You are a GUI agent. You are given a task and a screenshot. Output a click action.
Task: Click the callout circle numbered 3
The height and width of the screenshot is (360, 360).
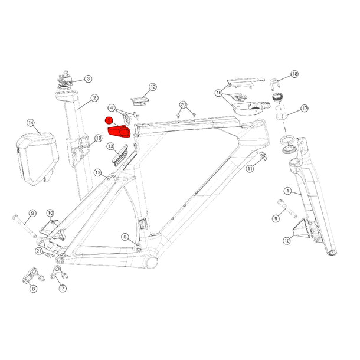(x=88, y=78)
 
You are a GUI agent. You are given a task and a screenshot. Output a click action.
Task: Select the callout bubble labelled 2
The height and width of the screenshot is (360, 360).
(x=94, y=98)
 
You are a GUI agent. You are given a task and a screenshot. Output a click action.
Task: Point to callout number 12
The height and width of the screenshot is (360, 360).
(x=153, y=87)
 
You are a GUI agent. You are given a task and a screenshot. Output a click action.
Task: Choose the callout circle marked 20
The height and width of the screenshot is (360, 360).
(x=184, y=104)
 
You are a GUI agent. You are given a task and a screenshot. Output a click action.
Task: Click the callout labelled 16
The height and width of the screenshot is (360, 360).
(x=219, y=93)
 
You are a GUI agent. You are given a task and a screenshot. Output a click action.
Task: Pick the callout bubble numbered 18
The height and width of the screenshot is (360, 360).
(x=294, y=74)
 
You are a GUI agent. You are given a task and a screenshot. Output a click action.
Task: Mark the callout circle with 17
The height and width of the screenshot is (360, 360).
(x=305, y=109)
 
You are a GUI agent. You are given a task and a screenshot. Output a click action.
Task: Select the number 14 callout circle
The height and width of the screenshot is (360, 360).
(x=31, y=123)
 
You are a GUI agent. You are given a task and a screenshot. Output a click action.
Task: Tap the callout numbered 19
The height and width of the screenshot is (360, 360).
(x=99, y=139)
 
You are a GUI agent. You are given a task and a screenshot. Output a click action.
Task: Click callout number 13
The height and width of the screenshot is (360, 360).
(x=110, y=146)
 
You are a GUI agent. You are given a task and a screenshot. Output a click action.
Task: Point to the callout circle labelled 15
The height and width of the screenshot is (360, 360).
(x=99, y=173)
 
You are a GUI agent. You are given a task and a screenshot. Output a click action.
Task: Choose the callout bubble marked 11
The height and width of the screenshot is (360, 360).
(x=250, y=169)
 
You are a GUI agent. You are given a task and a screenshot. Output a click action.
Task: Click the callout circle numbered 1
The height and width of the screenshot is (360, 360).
(x=287, y=191)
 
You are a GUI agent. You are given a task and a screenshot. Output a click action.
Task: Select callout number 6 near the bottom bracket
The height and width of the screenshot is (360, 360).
(x=125, y=237)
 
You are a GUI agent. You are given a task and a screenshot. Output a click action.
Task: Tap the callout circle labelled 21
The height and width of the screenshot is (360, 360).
(x=39, y=251)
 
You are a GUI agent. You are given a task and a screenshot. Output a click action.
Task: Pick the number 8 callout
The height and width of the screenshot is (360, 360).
(x=33, y=289)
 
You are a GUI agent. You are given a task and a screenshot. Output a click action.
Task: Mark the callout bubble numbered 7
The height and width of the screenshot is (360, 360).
(x=63, y=289)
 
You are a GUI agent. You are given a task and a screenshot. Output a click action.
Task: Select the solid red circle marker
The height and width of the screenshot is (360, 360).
(x=109, y=120)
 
